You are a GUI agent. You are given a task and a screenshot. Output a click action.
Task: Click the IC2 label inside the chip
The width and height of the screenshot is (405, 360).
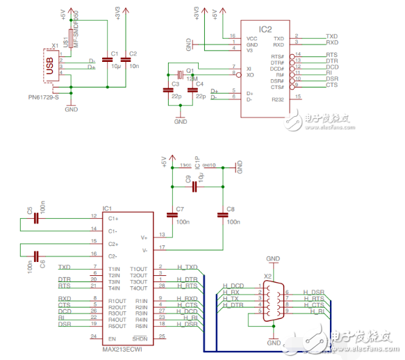point(264,30)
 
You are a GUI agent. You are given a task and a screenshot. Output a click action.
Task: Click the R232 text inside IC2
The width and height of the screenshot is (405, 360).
point(279,99)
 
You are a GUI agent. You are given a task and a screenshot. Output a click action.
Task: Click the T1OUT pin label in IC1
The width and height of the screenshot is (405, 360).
point(140,269)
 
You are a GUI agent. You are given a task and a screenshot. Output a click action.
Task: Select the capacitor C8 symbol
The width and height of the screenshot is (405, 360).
point(222,215)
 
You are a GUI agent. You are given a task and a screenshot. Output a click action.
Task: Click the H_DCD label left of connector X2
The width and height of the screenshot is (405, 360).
point(233,286)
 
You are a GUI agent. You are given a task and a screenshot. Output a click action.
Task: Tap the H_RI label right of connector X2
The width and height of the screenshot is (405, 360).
point(317,311)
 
